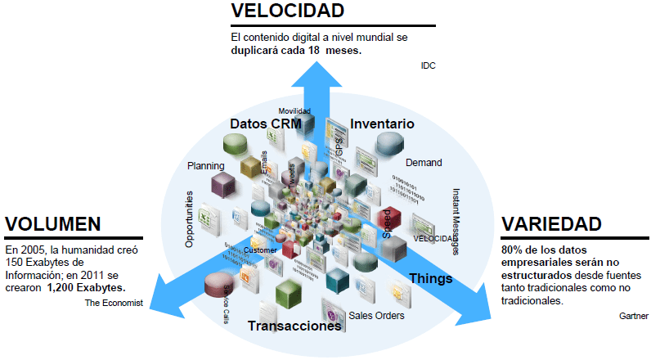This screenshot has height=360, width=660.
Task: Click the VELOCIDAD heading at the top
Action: coord(286,11)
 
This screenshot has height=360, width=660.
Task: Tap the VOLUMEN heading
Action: coord(53,224)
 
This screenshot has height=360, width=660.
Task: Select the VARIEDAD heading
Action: coord(551,224)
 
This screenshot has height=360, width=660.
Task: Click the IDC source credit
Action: coord(428,65)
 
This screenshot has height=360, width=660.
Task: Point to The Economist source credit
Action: coord(114,303)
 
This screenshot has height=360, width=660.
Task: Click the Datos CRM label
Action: coord(266,124)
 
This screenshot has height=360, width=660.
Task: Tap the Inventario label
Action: coord(382,124)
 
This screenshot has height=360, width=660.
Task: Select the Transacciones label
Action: coord(294,326)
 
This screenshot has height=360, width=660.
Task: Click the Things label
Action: coord(430,278)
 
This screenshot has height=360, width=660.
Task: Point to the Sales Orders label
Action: coord(376,315)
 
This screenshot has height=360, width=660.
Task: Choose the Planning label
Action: coord(206,165)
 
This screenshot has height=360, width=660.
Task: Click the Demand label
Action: coord(424,163)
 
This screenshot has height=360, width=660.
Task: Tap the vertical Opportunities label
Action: coord(190,219)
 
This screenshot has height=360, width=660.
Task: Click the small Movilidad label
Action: coord(294,110)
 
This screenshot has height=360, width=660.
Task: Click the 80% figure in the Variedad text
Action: coord(513,249)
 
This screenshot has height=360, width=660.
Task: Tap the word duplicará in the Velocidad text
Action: coord(255,50)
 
